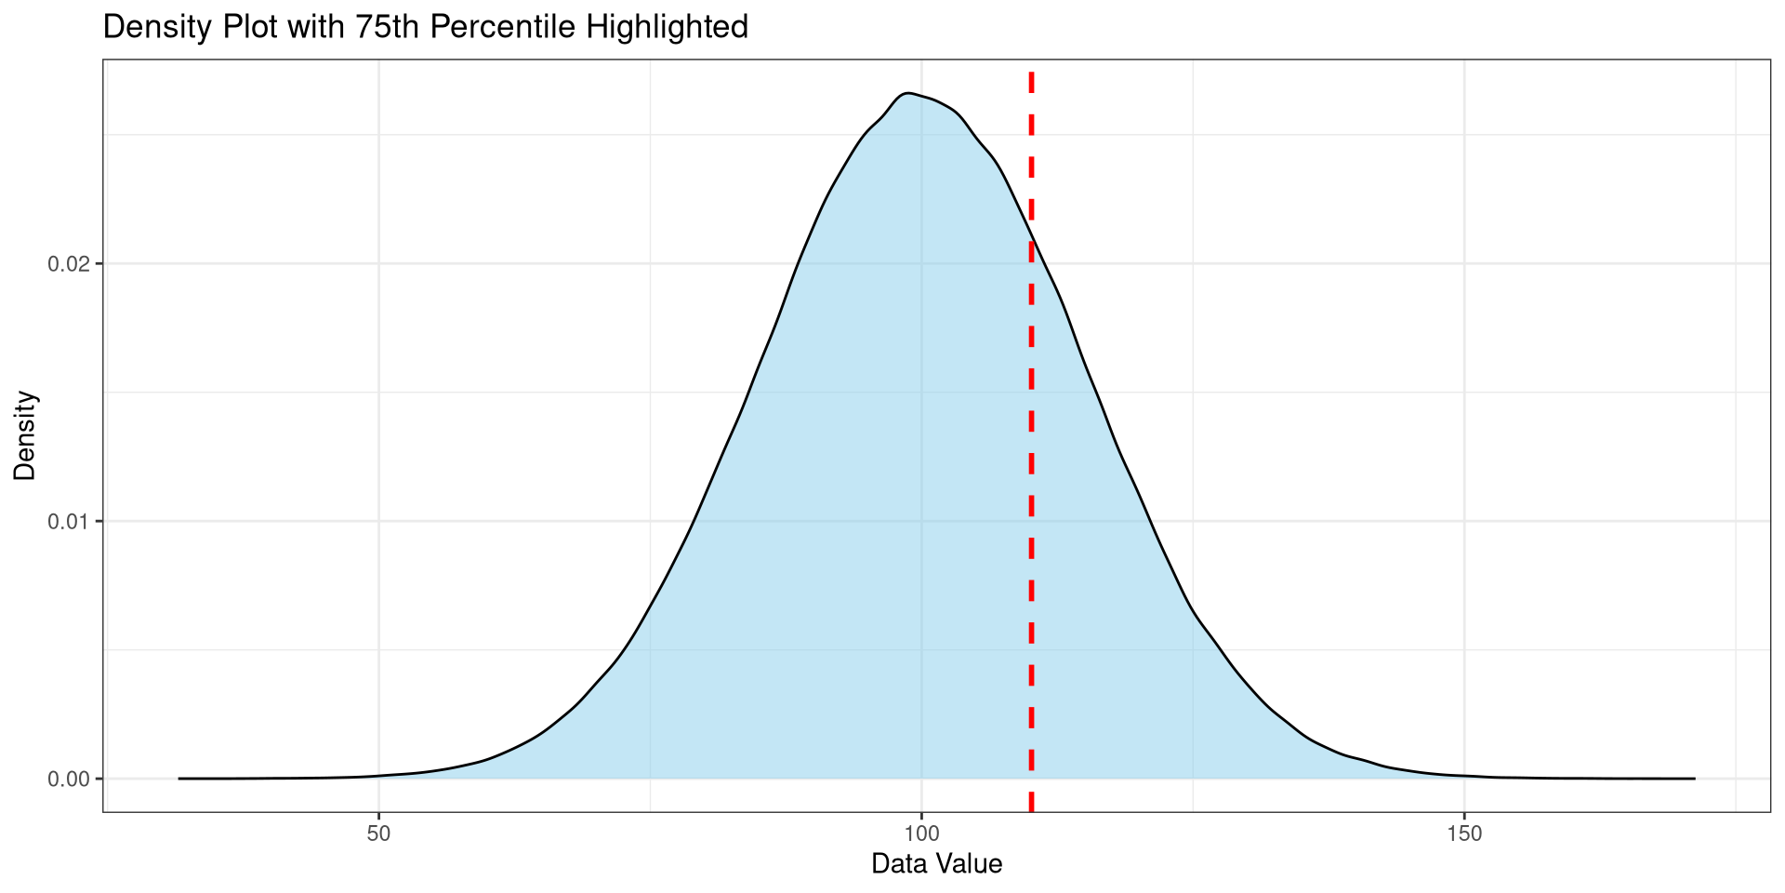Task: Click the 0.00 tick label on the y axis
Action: [x=67, y=779]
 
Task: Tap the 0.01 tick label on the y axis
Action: [x=67, y=521]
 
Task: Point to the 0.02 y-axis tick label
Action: [x=67, y=264]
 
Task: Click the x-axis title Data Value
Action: [x=936, y=865]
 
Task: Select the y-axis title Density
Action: [x=25, y=435]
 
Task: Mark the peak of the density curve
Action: [x=907, y=93]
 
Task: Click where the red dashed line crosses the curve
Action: [x=1031, y=233]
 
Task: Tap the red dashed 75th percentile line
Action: [x=1031, y=465]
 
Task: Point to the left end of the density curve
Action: [x=179, y=779]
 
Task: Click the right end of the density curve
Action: [x=1694, y=779]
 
